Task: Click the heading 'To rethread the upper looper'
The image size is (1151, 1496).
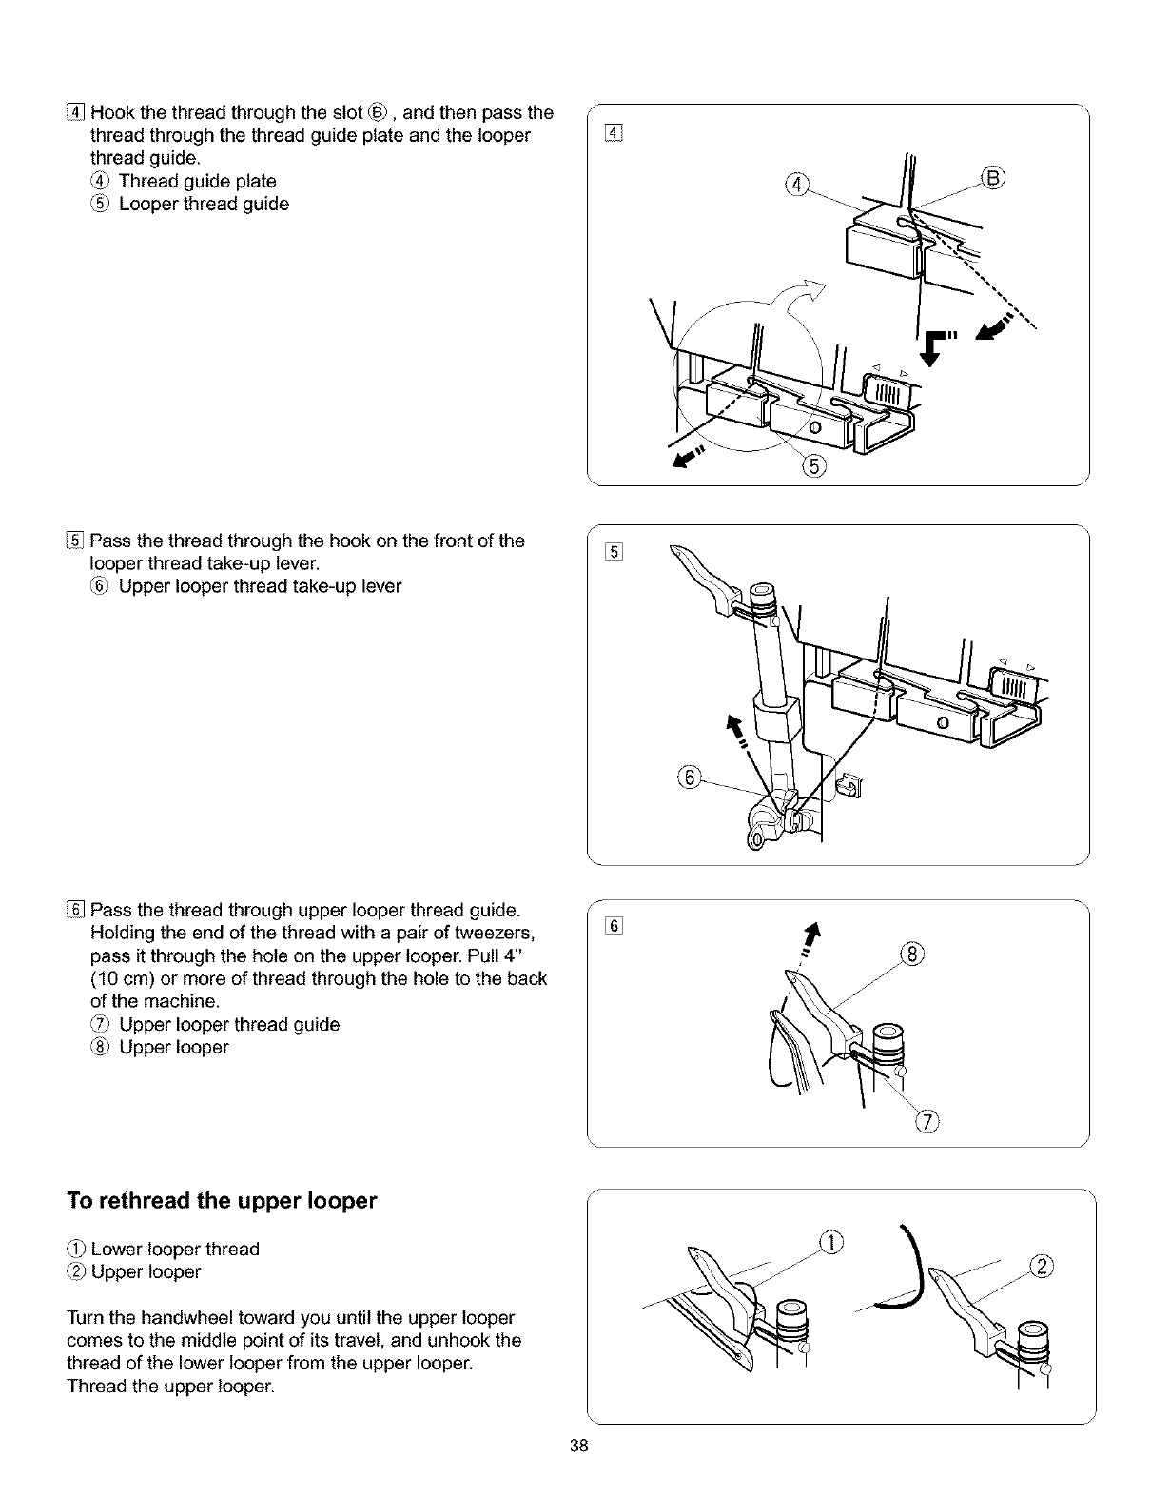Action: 223,1201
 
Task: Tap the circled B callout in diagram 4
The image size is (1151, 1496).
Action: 994,179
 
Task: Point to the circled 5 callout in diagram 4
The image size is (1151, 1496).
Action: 816,464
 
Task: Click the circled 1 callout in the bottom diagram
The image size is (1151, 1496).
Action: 832,1241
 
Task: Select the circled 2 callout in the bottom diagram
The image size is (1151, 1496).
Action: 1044,1264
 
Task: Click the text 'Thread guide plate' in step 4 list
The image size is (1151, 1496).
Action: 198,181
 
